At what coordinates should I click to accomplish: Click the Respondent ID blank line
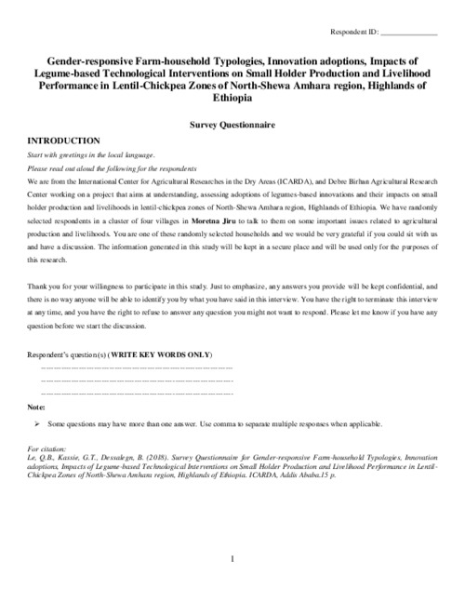408,34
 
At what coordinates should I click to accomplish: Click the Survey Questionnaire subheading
232,122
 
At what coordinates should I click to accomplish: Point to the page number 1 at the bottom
232,558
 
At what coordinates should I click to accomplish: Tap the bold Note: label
36,408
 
